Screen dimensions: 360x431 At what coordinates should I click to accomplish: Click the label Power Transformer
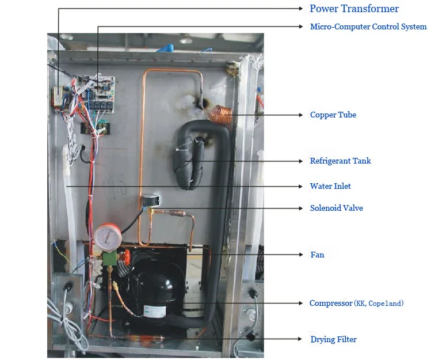354,9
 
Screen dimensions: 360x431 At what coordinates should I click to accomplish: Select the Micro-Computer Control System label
368,26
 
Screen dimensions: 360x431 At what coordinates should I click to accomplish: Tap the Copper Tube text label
333,115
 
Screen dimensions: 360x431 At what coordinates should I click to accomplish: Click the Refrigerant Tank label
340,161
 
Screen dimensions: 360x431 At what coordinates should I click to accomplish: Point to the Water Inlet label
330,186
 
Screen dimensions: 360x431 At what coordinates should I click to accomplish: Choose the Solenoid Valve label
336,208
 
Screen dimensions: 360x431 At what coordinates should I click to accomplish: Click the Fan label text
316,255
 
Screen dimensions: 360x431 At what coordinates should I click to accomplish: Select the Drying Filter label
333,339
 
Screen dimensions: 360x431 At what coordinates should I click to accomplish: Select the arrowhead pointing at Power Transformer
301,9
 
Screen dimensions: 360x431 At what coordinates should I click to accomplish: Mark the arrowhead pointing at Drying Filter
301,339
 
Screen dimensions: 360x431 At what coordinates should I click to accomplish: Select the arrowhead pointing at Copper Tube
301,115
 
